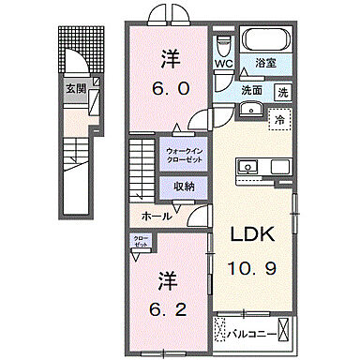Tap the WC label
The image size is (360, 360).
[x=223, y=64]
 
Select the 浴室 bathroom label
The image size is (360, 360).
[x=265, y=64]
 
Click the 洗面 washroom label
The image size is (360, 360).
[x=251, y=91]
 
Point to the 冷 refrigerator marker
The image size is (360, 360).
[x=277, y=119]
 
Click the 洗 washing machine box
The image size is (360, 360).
[x=282, y=91]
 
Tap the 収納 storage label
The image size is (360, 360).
[x=184, y=186]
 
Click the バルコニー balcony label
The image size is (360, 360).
[x=263, y=332]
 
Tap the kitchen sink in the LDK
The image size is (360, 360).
[x=249, y=167]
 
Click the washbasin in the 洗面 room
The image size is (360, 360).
[x=249, y=110]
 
